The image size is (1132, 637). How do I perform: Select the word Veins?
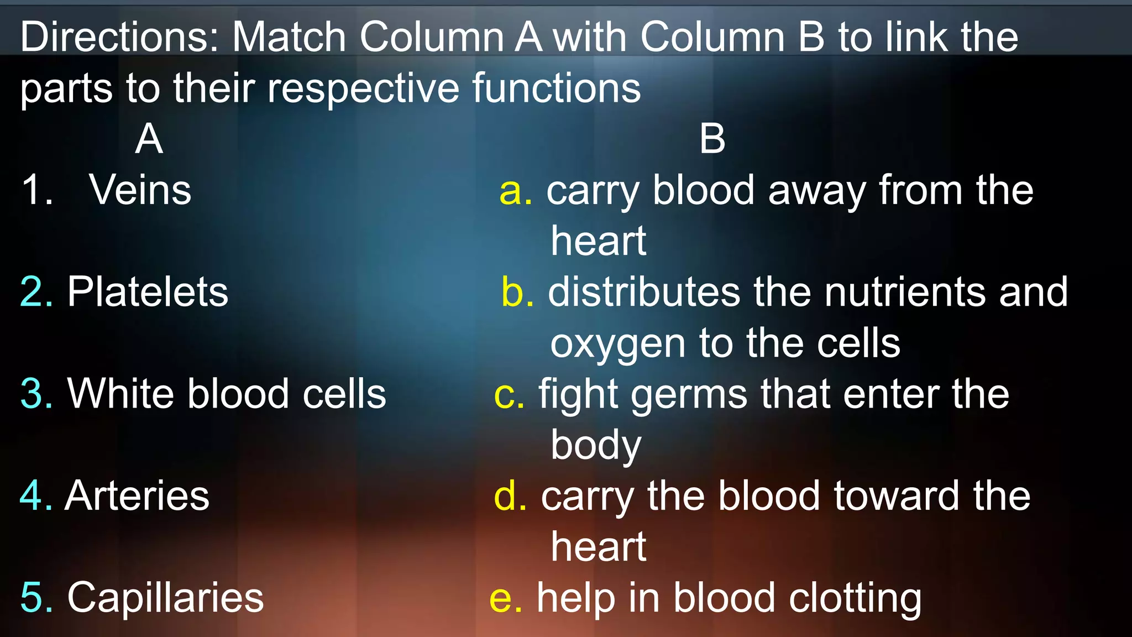(140, 190)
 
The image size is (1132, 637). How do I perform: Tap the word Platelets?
(148, 292)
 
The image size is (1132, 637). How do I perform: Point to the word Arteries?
(137, 495)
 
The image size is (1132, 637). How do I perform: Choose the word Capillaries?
(165, 598)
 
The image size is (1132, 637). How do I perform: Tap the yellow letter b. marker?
(517, 292)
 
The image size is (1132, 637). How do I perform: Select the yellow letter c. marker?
(509, 395)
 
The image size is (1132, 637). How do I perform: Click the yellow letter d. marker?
(510, 495)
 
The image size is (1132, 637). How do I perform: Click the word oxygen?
(618, 344)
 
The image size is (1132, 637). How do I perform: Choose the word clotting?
(855, 598)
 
